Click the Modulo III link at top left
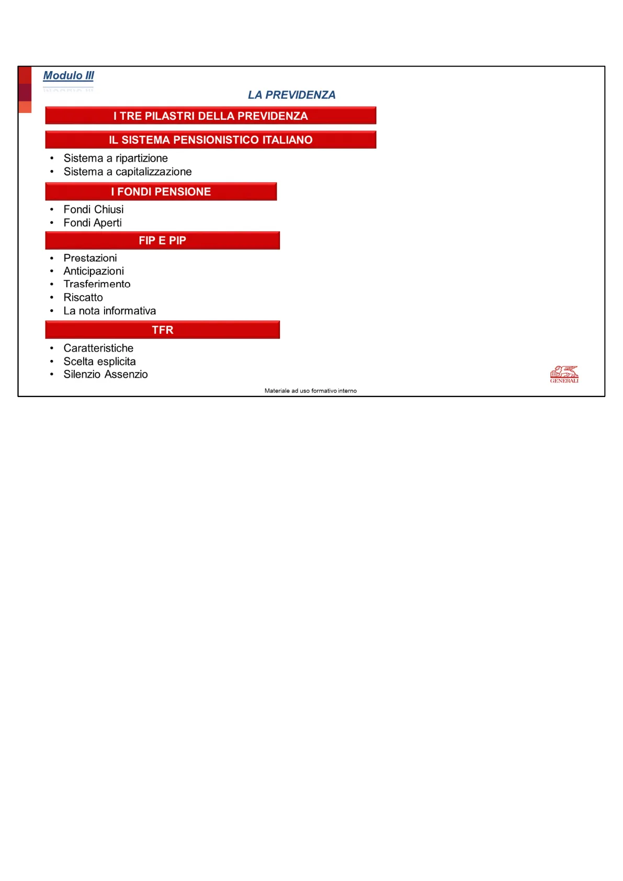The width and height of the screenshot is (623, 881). point(69,75)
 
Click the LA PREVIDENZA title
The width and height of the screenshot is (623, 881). point(291,95)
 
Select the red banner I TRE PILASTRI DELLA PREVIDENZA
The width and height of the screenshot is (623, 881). point(210,116)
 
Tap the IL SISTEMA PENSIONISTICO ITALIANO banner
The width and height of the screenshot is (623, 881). point(210,140)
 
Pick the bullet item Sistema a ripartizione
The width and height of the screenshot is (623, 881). point(116,158)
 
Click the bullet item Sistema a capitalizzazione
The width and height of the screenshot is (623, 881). point(128,172)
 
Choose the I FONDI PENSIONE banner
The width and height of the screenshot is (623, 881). point(161,191)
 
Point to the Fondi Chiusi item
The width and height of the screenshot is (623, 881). point(94,209)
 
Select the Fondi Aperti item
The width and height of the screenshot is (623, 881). point(93,223)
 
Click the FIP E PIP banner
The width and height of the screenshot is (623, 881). point(162,240)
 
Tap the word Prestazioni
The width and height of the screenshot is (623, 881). point(90,258)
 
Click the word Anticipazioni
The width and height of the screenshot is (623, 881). point(94,271)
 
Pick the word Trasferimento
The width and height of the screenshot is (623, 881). point(97,284)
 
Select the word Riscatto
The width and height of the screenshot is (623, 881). point(83,297)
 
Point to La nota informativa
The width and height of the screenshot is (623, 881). point(110,311)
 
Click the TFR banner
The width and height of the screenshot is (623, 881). point(162,330)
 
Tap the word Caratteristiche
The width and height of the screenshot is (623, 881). point(98,348)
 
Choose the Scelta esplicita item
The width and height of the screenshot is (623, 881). point(99,362)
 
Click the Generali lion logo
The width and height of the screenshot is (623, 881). point(564,374)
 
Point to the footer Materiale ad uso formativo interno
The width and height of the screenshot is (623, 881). point(310,391)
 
